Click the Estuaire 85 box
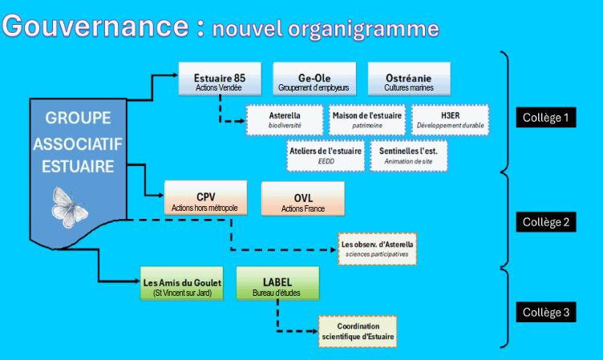pos(220,79)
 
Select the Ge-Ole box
pos(314,79)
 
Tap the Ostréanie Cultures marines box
pos(409,79)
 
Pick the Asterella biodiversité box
pos(285,120)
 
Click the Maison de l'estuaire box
pos(367,120)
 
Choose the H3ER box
pos(451,120)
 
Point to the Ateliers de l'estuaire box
pos(326,156)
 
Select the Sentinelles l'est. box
pos(409,156)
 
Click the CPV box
pos(206,198)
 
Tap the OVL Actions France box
pos(303,199)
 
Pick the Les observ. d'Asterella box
pos(377,249)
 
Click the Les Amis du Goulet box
pos(182,284)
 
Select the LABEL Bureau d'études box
pos(277,284)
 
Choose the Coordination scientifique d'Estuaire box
pos(358,332)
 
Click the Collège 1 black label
pos(546,117)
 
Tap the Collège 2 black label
pos(546,222)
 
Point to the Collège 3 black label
pos(546,312)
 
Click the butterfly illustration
pos(69,208)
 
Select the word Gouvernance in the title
pos(95,26)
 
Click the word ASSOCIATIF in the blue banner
pos(78,144)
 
